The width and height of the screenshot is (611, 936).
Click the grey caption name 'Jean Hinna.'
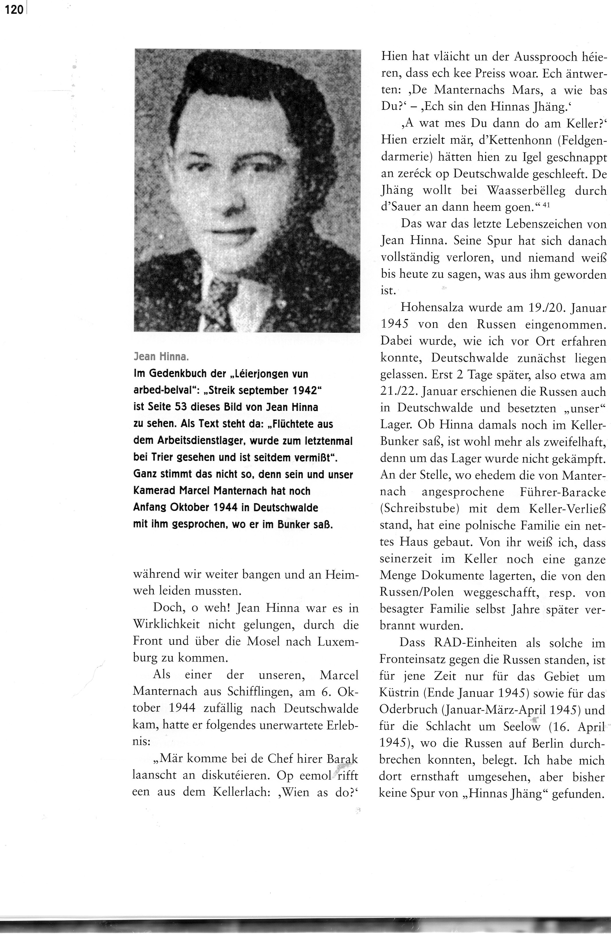coord(161,357)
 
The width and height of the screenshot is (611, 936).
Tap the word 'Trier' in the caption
coord(167,457)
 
